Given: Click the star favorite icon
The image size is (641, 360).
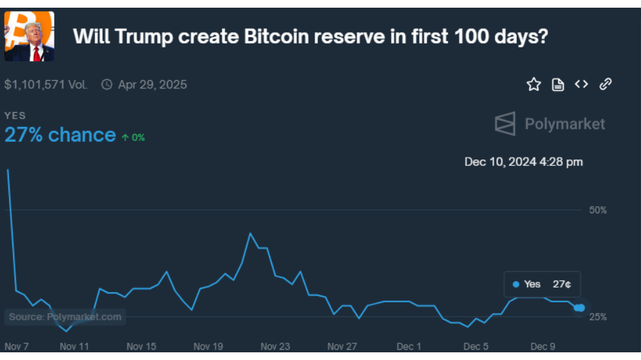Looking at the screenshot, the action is click(533, 85).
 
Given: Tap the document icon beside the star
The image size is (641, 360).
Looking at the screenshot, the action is click(558, 85).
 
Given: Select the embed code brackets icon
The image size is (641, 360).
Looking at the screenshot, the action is click(581, 84).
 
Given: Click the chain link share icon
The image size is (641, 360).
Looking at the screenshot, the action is click(606, 84).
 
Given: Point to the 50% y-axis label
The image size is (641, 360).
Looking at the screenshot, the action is click(597, 210).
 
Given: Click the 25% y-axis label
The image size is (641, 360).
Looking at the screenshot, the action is click(597, 316).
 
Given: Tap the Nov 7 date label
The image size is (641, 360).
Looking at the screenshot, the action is click(17, 347).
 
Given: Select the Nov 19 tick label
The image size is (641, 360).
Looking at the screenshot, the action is click(208, 347).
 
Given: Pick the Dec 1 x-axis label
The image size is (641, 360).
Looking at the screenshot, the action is click(409, 347).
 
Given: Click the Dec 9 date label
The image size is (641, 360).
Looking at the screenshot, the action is click(543, 347).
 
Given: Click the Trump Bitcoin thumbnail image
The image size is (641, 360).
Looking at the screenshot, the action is click(29, 37).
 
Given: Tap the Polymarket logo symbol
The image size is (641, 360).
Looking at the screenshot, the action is click(505, 124).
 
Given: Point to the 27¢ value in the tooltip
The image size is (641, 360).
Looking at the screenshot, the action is click(562, 284).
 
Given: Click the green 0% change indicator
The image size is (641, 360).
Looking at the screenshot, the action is click(133, 137).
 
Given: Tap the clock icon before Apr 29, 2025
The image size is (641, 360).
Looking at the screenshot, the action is click(106, 85).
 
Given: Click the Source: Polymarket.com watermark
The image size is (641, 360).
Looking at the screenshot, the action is click(65, 316).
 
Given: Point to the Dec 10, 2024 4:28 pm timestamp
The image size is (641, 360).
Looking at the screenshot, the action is click(524, 162).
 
